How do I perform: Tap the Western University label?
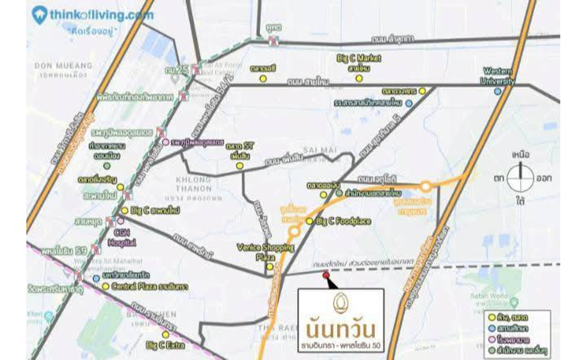498,76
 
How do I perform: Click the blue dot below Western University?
497,91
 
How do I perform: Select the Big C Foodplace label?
343,221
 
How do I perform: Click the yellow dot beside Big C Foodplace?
309,221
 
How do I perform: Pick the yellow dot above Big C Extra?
166,335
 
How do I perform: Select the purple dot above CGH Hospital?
120,220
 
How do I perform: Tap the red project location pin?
326,275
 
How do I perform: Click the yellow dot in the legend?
492,318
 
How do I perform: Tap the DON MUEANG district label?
63,65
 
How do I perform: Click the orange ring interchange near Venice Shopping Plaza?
294,232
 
